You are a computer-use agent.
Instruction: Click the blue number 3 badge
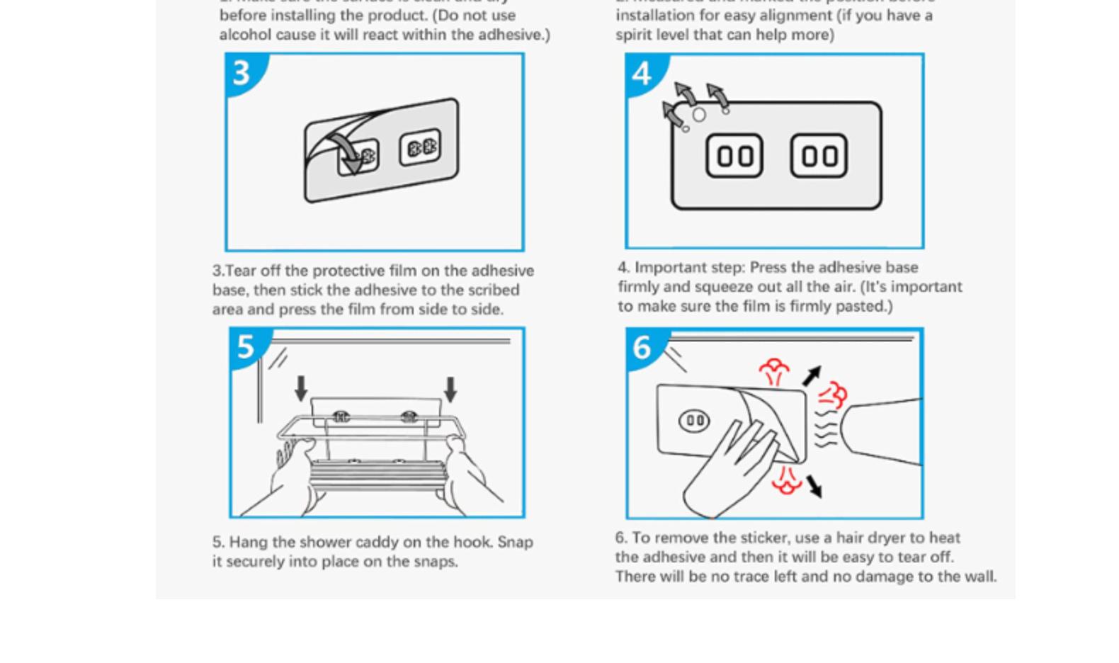coord(242,72)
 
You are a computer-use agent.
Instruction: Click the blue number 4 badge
coord(642,73)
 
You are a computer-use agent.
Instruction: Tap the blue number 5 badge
coord(245,346)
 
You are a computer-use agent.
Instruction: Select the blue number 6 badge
coord(642,347)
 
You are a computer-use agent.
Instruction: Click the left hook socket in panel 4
coord(734,156)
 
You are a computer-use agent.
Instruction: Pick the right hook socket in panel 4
coord(819,156)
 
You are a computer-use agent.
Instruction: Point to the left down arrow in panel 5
coord(301,388)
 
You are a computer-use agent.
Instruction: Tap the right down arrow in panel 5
coord(450,389)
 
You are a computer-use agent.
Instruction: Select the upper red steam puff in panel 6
coord(774,370)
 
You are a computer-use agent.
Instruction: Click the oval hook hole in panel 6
coord(694,421)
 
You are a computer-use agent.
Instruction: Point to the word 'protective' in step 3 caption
coord(347,271)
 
